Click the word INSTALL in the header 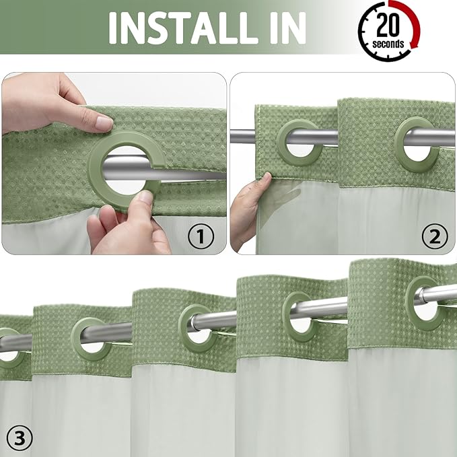click(182, 27)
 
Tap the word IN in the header click(281, 27)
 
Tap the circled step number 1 click(200, 236)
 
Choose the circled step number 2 click(434, 236)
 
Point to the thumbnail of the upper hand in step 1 click(103, 123)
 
